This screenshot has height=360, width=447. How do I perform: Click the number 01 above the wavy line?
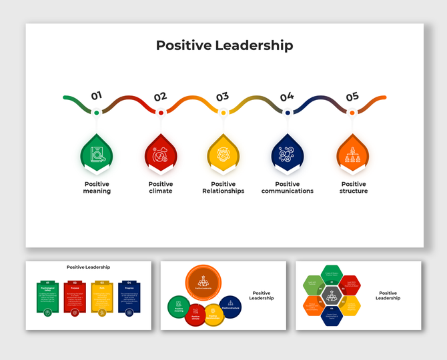(x=97, y=95)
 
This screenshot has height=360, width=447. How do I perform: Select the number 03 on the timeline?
(x=222, y=97)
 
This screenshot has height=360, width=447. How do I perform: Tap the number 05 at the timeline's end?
(x=352, y=97)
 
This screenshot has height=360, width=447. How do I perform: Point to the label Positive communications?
(x=288, y=187)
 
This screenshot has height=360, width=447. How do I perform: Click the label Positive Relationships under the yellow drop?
(x=223, y=187)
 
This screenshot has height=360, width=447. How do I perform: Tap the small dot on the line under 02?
(x=161, y=113)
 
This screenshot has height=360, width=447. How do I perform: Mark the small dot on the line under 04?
(x=288, y=113)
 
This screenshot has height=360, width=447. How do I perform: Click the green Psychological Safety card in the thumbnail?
(x=47, y=297)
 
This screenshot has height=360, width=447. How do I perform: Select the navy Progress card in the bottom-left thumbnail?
(x=129, y=297)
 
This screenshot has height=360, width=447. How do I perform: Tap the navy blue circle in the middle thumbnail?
(x=230, y=307)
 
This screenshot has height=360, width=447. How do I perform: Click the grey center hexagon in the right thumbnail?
(x=332, y=294)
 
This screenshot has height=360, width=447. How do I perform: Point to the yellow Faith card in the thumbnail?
(x=101, y=297)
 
